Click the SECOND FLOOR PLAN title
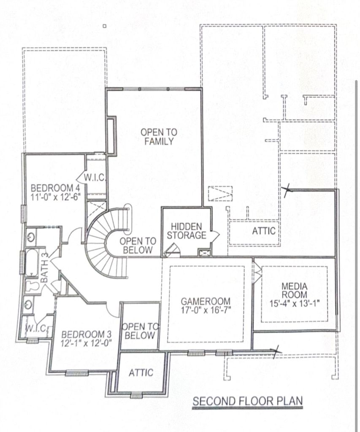[248, 401]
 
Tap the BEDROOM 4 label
[55, 188]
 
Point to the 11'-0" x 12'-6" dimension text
[55, 197]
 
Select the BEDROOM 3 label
[86, 335]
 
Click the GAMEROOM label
[206, 301]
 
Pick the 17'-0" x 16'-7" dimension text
[206, 310]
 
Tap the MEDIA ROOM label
[295, 290]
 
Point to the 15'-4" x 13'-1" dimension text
[295, 303]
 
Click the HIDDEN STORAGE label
[187, 231]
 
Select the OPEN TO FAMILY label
[159, 137]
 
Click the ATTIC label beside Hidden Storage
[263, 231]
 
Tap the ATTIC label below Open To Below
[141, 373]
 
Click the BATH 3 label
[45, 267]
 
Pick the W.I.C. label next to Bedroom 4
[94, 178]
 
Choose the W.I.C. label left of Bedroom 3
[36, 328]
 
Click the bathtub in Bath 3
[32, 262]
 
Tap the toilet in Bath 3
[32, 286]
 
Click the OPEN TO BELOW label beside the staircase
[138, 246]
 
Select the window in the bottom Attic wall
[136, 396]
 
